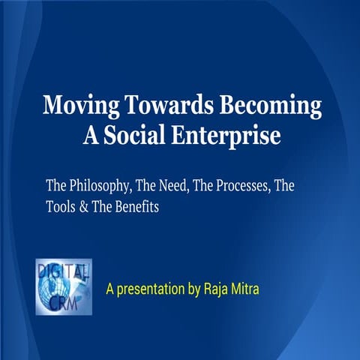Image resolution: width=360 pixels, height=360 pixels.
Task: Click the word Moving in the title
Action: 72,106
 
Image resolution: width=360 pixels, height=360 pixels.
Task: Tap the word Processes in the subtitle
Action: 232,185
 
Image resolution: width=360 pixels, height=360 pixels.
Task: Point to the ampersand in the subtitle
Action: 85,208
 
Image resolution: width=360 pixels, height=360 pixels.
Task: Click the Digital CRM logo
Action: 64,286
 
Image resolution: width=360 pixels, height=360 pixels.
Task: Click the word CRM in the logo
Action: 64,298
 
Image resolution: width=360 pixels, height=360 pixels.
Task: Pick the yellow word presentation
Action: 151,287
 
